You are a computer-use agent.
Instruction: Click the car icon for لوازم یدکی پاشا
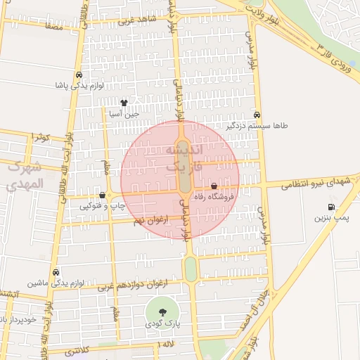click(x=78, y=75)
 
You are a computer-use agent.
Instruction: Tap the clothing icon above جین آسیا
click(x=124, y=103)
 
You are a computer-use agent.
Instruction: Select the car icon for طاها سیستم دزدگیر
click(x=256, y=115)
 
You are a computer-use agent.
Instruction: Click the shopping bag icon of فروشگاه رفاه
click(x=214, y=186)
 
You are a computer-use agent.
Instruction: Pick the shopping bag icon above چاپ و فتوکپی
click(x=103, y=195)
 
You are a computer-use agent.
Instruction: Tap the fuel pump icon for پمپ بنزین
click(x=330, y=207)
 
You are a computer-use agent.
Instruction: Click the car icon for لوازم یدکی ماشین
click(x=56, y=272)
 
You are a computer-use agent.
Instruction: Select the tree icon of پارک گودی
click(x=162, y=311)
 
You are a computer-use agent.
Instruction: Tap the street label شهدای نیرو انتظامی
click(x=316, y=184)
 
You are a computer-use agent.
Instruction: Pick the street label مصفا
click(x=53, y=25)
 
